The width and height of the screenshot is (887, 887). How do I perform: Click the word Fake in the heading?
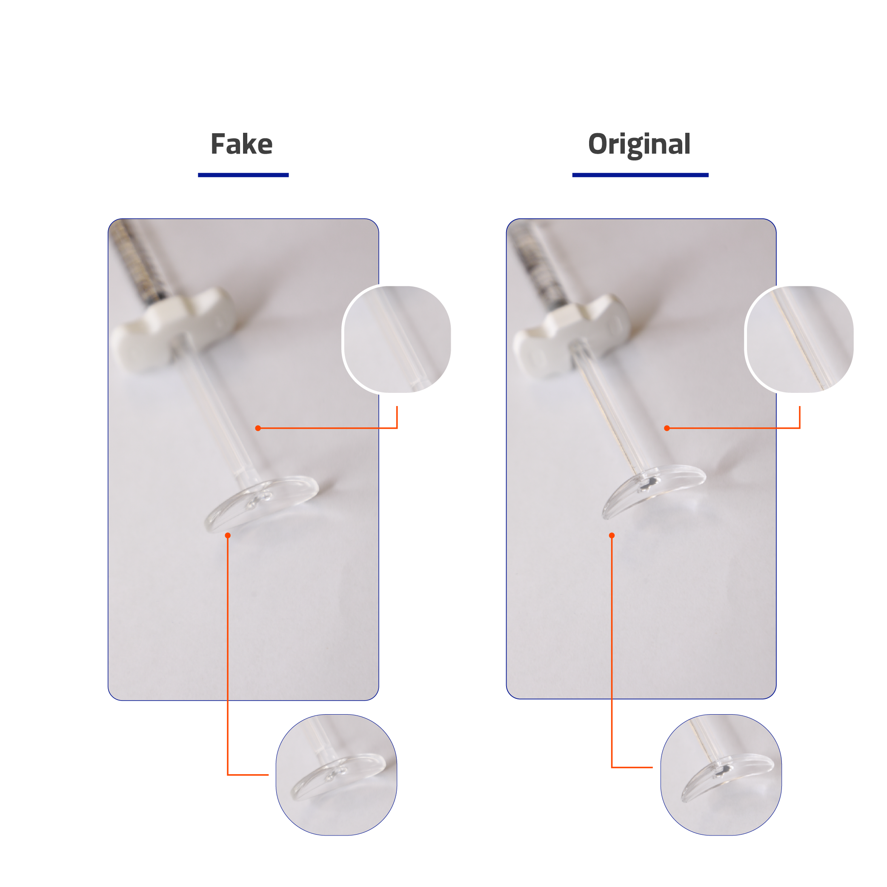click(x=241, y=144)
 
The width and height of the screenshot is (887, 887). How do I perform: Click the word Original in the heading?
click(x=639, y=145)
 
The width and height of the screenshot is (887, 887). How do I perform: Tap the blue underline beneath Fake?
click(x=243, y=175)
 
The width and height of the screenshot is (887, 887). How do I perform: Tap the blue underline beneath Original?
click(x=641, y=175)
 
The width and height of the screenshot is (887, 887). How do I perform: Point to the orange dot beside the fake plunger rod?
click(x=258, y=428)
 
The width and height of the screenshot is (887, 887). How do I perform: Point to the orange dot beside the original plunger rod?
click(x=667, y=428)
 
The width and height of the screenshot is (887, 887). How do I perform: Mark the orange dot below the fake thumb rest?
click(x=228, y=535)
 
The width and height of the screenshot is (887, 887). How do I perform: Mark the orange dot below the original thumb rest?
click(x=612, y=535)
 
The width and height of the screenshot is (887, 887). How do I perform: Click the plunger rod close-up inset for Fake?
click(x=397, y=339)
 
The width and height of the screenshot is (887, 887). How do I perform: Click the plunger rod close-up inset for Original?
click(x=799, y=339)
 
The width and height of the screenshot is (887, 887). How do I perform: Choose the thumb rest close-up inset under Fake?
click(x=337, y=775)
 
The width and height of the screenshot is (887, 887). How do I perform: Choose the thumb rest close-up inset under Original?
click(x=721, y=775)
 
